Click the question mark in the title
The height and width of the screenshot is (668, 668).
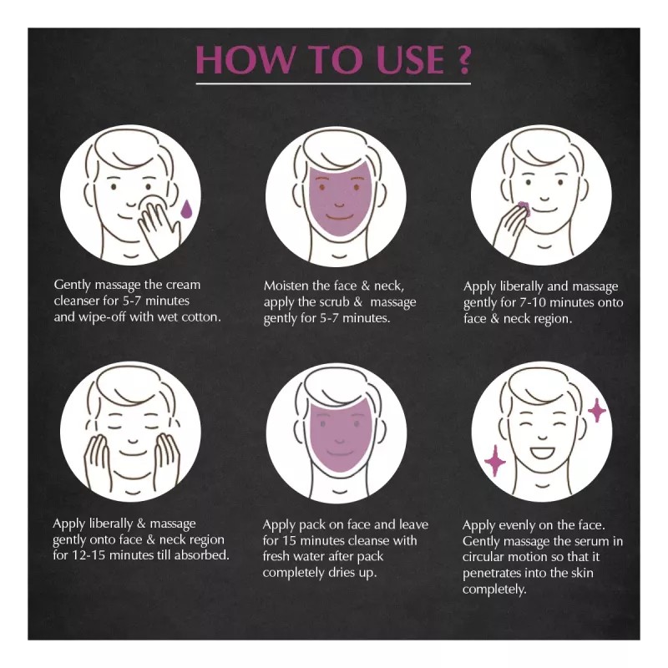click(459, 60)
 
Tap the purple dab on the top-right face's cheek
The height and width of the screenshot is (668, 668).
click(524, 206)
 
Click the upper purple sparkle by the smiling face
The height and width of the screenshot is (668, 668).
click(597, 409)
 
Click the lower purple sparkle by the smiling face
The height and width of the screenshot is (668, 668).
click(494, 461)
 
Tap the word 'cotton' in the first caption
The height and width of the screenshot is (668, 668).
click(200, 316)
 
